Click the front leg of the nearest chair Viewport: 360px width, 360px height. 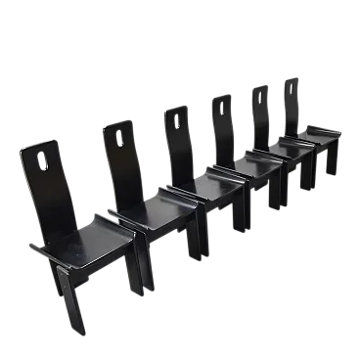73,303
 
